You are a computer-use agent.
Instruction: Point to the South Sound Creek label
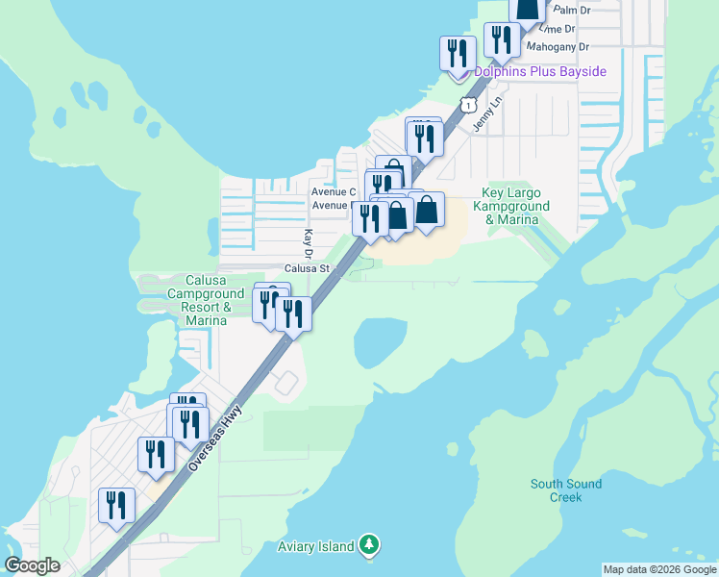tap(566, 490)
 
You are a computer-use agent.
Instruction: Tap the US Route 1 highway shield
tap(467, 102)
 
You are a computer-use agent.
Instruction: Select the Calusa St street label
tap(307, 269)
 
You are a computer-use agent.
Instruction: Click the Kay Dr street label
tap(309, 244)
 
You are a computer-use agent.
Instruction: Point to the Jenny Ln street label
tap(488, 113)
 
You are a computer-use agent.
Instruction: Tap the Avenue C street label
tap(333, 191)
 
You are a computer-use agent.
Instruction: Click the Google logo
tap(33, 565)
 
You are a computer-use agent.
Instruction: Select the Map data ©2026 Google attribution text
tap(659, 569)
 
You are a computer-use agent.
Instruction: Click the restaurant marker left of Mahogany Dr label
tap(501, 40)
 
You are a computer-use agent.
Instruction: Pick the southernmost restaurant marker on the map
tap(116, 505)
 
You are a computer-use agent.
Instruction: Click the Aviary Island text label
tap(316, 547)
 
